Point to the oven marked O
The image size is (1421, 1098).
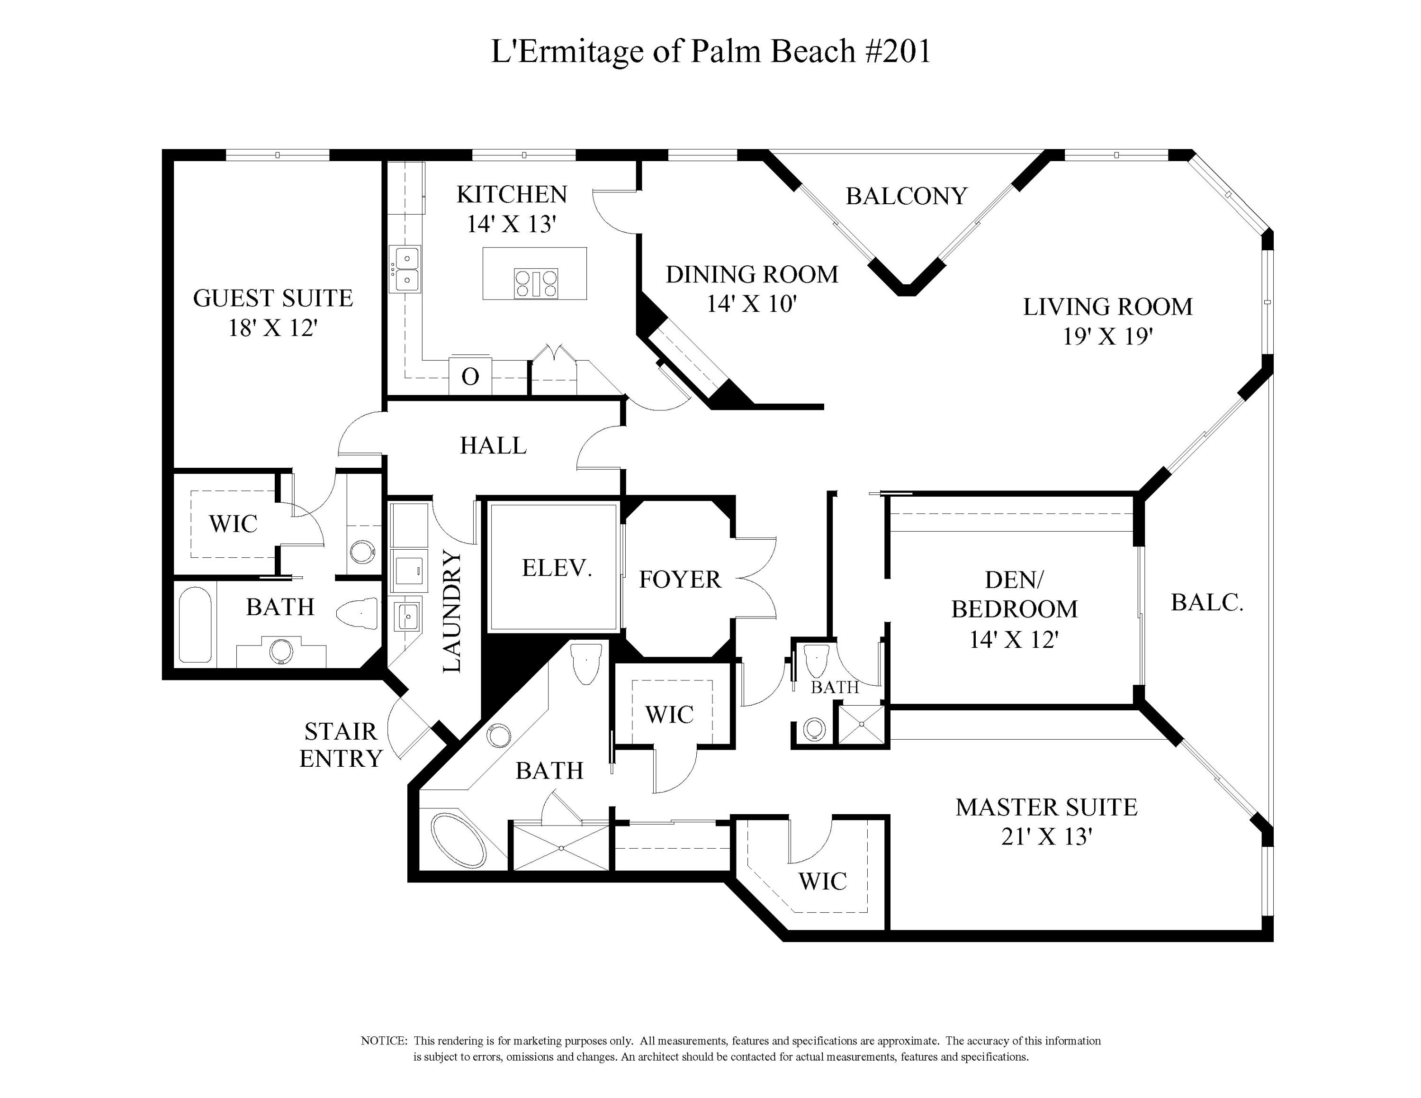click(x=470, y=376)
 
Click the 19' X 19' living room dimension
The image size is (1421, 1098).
click(x=1107, y=336)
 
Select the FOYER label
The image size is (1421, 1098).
click(x=679, y=579)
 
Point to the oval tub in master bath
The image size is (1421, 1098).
click(x=458, y=840)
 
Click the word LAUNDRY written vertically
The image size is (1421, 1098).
click(x=451, y=612)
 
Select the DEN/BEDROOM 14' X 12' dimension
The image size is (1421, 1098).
click(x=1014, y=640)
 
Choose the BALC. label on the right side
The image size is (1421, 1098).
click(x=1207, y=603)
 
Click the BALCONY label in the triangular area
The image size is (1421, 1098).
click(x=906, y=196)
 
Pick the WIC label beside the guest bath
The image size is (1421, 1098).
click(x=233, y=523)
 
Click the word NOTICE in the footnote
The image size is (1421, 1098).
click(x=383, y=1041)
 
